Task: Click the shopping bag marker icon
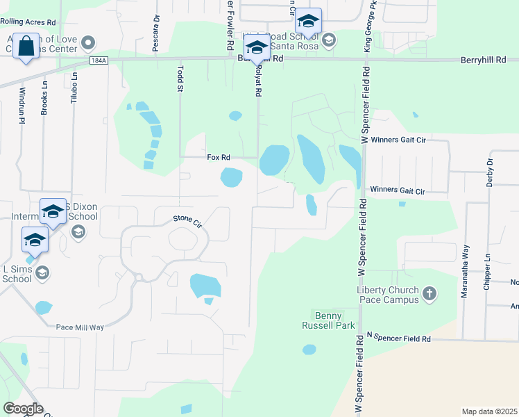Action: [26, 47]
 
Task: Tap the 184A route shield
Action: [99, 61]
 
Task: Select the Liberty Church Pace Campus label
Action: [388, 295]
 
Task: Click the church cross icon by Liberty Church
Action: [429, 293]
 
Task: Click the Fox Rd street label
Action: [218, 158]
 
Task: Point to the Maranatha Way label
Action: [465, 271]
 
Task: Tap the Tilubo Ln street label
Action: [74, 87]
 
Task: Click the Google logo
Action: [22, 409]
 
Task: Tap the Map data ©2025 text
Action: [488, 411]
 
